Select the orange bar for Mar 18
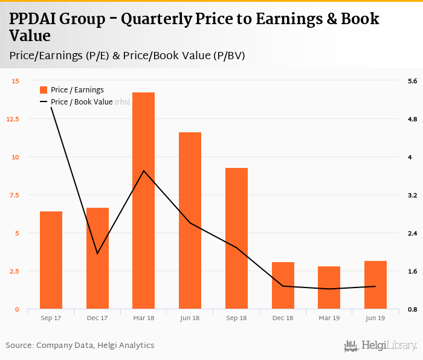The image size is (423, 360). coord(144,201)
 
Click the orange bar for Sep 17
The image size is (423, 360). coord(51,260)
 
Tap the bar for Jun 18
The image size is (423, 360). coord(190,220)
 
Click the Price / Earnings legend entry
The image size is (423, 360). coord(77,90)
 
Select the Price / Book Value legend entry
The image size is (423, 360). coord(82,102)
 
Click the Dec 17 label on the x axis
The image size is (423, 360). coord(97,318)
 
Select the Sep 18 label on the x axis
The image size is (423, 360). coord(236,318)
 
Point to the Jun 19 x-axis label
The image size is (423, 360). coord(375,318)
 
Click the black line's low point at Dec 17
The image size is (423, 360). coord(97,253)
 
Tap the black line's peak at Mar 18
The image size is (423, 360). coord(144,171)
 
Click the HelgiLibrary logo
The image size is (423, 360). coord(381,346)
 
